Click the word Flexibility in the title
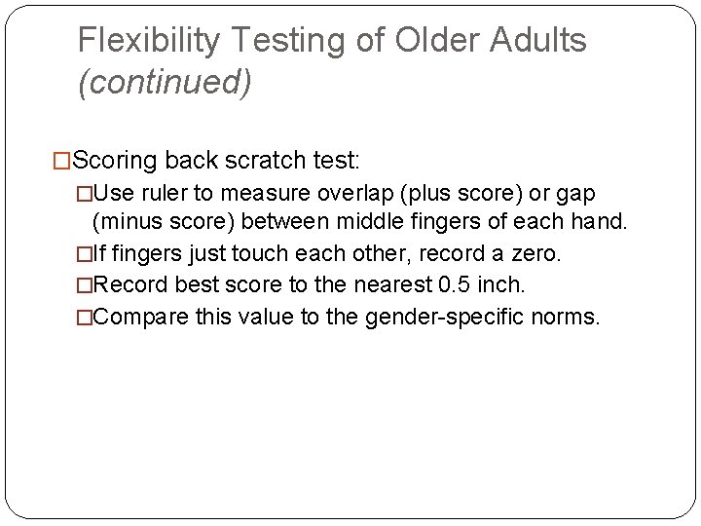click(148, 41)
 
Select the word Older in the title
click(428, 41)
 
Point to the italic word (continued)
click(165, 83)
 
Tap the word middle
click(330, 222)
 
